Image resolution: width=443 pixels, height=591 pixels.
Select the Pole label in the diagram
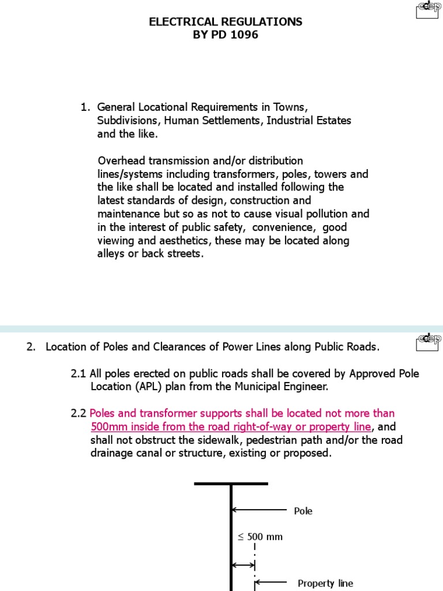(303, 511)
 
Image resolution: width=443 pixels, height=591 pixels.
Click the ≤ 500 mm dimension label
(260, 536)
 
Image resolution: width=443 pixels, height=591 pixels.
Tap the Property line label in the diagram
(325, 583)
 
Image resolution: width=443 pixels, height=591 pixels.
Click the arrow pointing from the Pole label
(259, 510)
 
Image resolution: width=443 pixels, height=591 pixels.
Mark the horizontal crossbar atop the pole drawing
(231, 483)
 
